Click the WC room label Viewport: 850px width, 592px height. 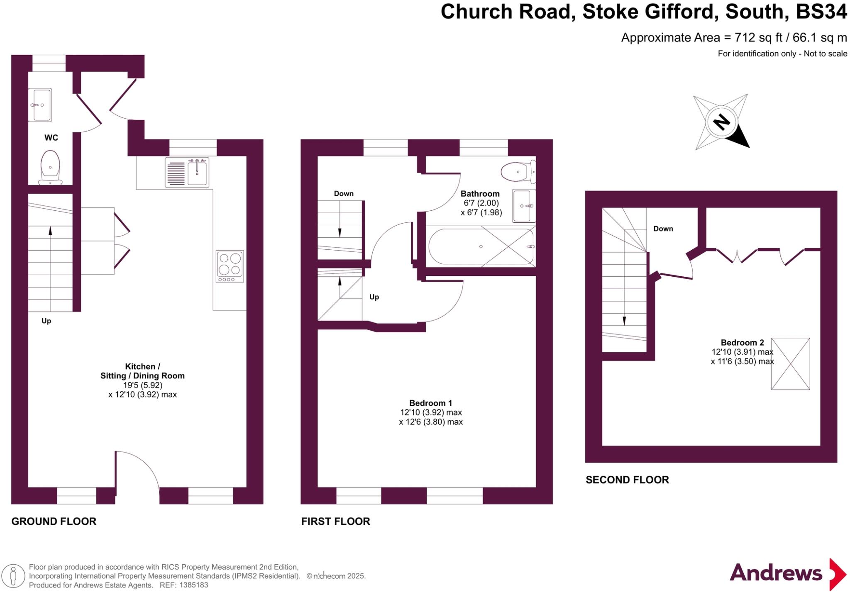coord(51,137)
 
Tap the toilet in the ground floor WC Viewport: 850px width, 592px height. coord(51,167)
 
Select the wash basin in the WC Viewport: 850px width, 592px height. coord(40,105)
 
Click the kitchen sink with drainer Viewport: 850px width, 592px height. coord(187,172)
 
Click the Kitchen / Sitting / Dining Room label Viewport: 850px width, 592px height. coord(142,371)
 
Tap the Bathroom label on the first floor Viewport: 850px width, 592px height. coord(480,194)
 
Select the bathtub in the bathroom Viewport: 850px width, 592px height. coord(481,246)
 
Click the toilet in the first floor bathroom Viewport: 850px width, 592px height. coord(518,172)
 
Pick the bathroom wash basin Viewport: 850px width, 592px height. coord(524,206)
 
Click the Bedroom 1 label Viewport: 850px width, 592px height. coord(430,403)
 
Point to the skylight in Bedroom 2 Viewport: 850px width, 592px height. coord(790,364)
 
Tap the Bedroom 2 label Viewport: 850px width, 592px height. coord(742,343)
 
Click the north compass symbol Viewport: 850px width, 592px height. coord(722,122)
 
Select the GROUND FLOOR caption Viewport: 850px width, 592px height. coord(54,521)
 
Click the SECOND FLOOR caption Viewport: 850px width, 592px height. coord(627,480)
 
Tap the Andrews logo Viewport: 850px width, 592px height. coord(788,574)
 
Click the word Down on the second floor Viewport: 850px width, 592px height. coord(663,229)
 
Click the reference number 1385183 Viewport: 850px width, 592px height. coord(193,585)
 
